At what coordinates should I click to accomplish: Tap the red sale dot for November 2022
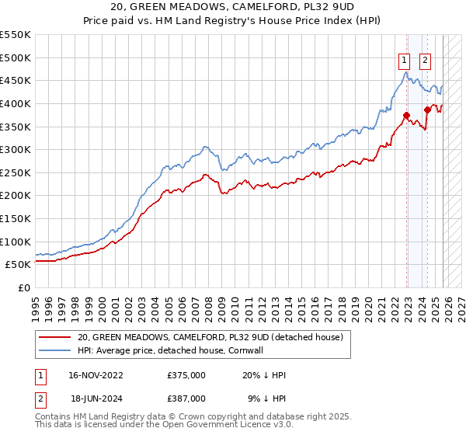[406, 115]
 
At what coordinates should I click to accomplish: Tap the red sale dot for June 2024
[427, 110]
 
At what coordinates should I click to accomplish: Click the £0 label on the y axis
[23, 287]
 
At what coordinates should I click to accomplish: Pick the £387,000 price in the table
[186, 398]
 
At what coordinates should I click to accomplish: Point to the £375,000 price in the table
[186, 375]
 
